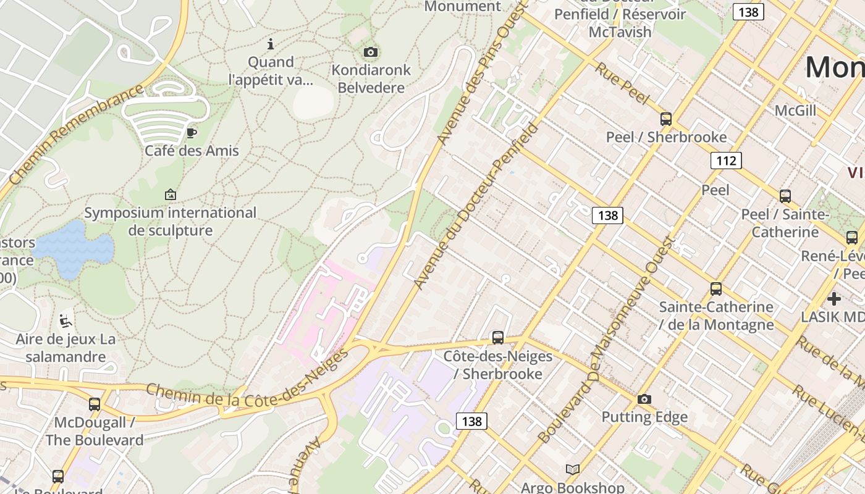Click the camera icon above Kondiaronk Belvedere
(371, 52)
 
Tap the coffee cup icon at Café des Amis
(192, 133)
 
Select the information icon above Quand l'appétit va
(270, 44)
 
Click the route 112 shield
(726, 161)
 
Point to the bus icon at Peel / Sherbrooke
(666, 119)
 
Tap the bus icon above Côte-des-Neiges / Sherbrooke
(497, 338)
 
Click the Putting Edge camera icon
(644, 400)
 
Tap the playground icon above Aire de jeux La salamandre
(65, 321)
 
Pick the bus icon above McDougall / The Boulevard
(95, 404)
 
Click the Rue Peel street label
(622, 83)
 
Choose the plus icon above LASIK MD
(834, 299)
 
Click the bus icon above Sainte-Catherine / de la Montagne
(716, 288)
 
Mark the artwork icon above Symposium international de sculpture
(171, 195)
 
